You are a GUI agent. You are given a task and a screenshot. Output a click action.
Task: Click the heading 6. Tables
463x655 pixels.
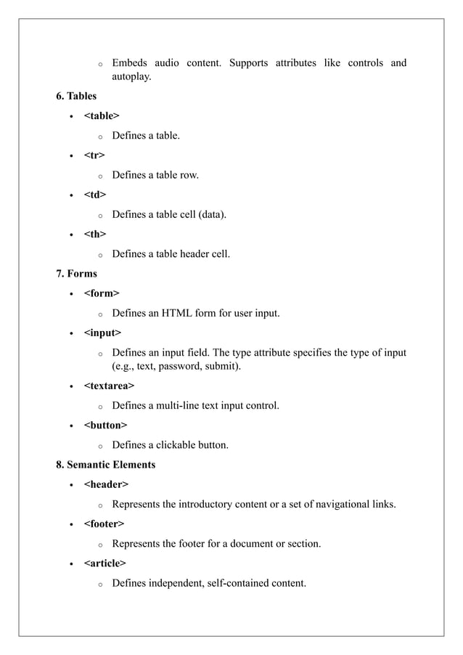point(76,96)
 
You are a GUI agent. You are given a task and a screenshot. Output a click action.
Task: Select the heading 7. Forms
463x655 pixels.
point(76,273)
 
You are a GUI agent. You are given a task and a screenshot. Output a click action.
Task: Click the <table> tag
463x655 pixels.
point(102,115)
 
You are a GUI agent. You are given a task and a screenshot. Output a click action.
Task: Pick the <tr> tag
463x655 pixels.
point(94,155)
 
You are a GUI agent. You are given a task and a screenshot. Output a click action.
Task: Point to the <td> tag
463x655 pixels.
point(95,195)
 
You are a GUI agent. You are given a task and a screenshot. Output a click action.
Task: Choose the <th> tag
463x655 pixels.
point(95,234)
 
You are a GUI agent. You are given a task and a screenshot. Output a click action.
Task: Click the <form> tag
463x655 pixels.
point(102,293)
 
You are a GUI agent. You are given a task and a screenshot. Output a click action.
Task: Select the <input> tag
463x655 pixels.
point(103,333)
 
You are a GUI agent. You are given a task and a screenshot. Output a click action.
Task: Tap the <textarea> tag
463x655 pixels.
point(109,385)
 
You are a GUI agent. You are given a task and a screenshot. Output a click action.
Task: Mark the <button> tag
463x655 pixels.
point(105,425)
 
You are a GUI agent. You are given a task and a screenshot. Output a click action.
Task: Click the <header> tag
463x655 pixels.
point(106,484)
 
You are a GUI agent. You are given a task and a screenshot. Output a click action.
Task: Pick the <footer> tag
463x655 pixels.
point(104,524)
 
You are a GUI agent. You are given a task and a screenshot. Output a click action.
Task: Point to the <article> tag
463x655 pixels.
point(105,563)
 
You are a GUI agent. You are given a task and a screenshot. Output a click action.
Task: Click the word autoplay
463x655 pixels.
point(131,76)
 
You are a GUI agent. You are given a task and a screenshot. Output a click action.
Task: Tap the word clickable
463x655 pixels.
point(173,444)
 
